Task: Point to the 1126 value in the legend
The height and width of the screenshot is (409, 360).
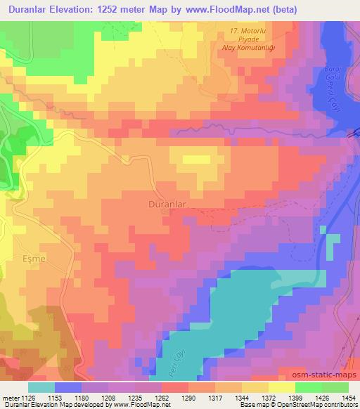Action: pyautogui.click(x=28, y=397)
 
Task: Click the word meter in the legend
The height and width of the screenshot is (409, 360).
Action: pyautogui.click(x=10, y=397)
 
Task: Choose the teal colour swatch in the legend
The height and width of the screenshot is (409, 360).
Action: pyautogui.click(x=41, y=387)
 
